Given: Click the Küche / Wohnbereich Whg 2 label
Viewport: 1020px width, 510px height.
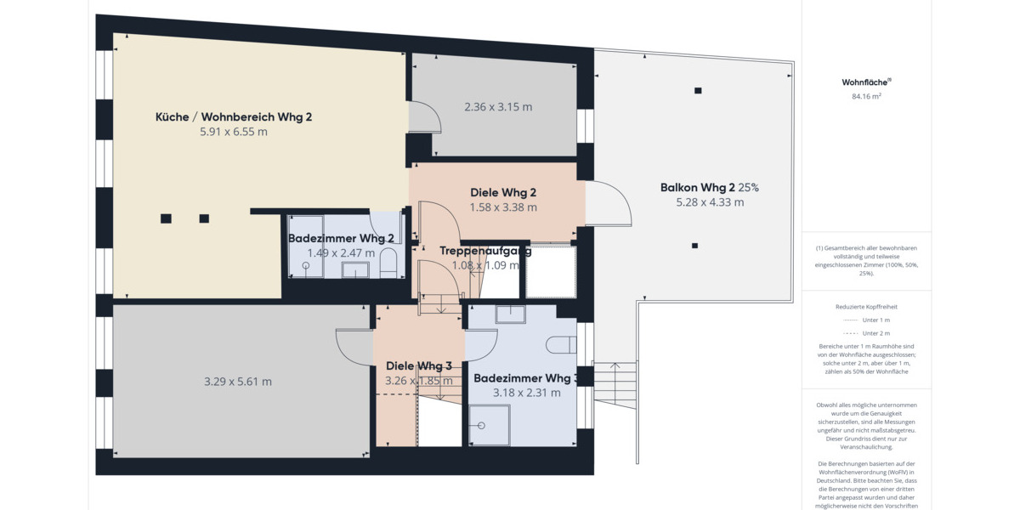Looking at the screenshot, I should click(234, 116).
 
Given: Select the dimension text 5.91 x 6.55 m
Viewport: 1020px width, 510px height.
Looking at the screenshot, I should click(234, 132).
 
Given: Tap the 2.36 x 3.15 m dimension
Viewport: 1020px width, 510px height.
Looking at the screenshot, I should click(498, 107).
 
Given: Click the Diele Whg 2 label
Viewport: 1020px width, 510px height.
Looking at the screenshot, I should click(503, 192).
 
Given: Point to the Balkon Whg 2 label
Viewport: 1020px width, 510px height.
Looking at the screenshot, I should click(697, 187).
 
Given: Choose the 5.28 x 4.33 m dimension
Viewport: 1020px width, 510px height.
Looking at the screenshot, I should click(710, 202).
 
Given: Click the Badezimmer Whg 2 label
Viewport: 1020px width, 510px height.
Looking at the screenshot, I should click(341, 239).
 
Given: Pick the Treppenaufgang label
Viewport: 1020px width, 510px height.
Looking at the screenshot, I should click(485, 251).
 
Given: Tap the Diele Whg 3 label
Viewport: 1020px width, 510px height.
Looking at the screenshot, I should click(419, 366).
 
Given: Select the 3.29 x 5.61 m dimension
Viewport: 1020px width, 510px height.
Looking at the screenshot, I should click(238, 382).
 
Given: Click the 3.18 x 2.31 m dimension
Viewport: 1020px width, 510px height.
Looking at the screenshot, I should click(526, 393).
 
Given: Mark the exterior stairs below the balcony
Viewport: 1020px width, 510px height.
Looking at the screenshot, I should click(614, 385).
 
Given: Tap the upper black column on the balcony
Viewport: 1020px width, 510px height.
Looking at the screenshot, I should click(698, 91).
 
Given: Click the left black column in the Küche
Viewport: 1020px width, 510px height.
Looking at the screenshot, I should click(166, 218).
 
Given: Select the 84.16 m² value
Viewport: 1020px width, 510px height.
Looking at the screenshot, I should click(866, 97).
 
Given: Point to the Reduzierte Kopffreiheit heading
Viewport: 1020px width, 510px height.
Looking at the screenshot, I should click(866, 306).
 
